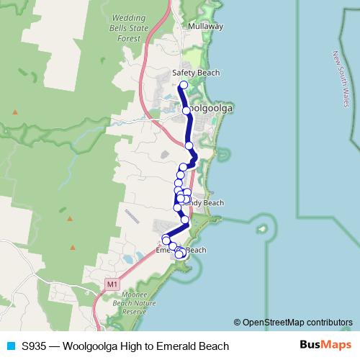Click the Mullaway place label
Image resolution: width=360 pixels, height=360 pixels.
[205, 26]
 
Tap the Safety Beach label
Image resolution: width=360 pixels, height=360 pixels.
[197, 73]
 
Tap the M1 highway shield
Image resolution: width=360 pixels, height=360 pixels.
[111, 284]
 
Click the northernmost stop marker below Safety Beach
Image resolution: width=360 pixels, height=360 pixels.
[183, 85]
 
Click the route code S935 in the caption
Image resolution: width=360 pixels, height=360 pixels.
[34, 346]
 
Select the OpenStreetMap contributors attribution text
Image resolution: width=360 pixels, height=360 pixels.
[297, 323]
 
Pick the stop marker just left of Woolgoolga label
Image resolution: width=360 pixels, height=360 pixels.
[186, 110]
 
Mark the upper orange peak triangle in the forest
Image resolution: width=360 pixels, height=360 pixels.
[15, 112]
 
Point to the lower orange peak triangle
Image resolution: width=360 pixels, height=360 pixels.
[70, 218]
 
